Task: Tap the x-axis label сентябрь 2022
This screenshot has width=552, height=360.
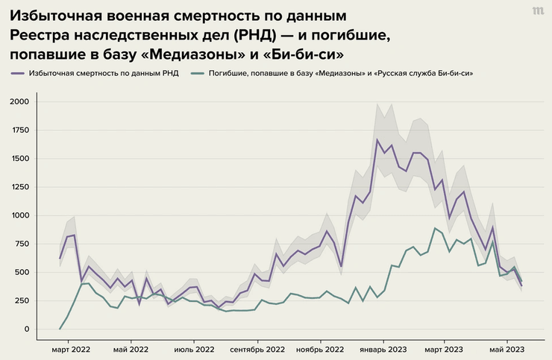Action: [x=257, y=349]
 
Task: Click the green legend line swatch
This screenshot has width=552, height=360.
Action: [x=198, y=74]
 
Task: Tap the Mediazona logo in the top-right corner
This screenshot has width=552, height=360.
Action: [x=537, y=11]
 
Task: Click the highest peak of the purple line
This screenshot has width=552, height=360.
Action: [x=377, y=139]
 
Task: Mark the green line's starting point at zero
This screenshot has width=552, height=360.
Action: [x=60, y=329]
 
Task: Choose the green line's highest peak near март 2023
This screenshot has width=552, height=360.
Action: [x=435, y=228]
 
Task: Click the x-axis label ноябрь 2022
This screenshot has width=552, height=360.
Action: [x=320, y=349]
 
